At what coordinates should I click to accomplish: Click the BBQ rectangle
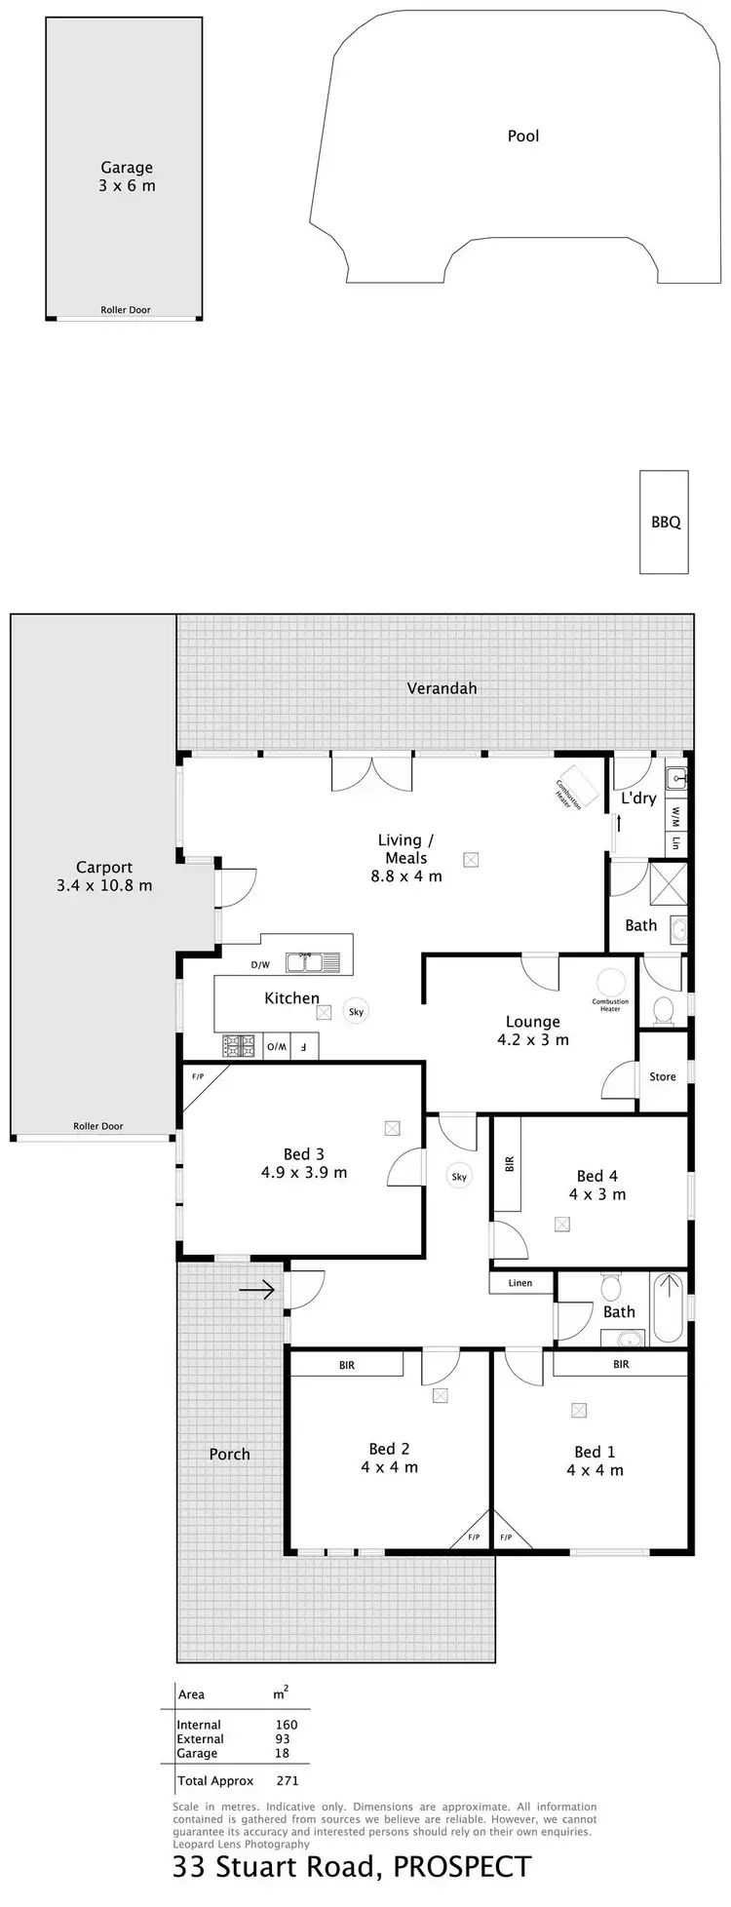point(665,522)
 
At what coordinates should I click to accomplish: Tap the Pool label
point(522,136)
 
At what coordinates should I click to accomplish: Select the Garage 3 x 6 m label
point(126,176)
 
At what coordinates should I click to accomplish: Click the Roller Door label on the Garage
point(126,310)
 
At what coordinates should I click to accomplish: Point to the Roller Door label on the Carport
point(98,1126)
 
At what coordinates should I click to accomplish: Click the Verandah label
point(442,688)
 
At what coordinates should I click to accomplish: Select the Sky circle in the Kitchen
point(356,1012)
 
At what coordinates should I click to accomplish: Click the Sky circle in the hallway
point(459,1177)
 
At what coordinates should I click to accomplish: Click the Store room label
point(663,1076)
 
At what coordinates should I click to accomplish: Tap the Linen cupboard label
point(520,1283)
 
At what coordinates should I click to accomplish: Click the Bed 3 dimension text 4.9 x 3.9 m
point(303,1173)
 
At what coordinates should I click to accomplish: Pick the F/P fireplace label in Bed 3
point(198,1077)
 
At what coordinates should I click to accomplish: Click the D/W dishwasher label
point(260,965)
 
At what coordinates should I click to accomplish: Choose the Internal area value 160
point(286,1725)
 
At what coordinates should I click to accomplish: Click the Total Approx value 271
point(287,1781)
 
